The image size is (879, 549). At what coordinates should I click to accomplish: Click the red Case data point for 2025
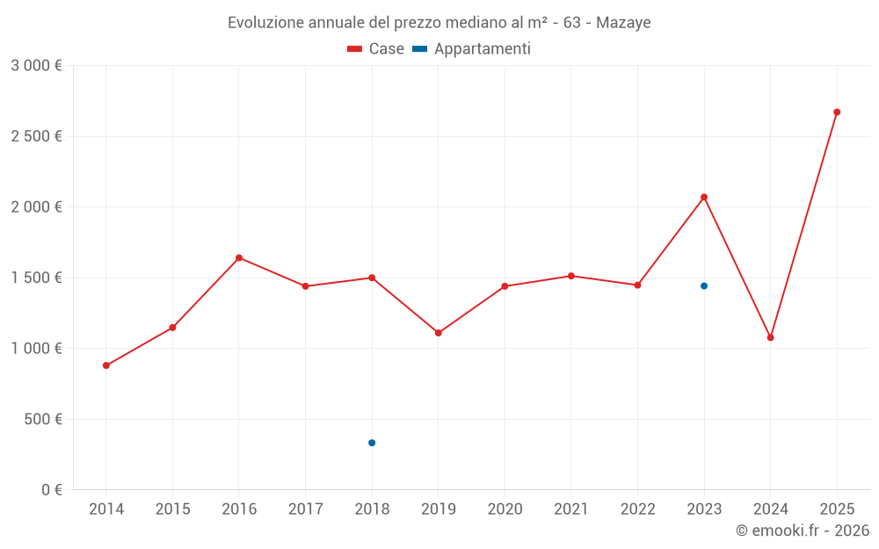[x=837, y=112]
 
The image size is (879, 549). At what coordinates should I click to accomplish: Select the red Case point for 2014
[x=106, y=365]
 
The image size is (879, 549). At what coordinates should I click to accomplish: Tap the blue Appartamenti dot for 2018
[x=372, y=443]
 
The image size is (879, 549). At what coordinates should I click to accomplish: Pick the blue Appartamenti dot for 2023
[x=704, y=286]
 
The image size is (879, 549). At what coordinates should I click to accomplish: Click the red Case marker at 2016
[x=239, y=258]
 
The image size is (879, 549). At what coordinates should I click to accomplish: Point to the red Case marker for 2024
[x=771, y=337]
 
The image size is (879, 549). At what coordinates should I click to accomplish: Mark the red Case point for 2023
[x=704, y=197]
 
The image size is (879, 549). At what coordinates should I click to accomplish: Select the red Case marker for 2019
[x=439, y=333]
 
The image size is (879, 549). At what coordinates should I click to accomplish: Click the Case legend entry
[x=376, y=49]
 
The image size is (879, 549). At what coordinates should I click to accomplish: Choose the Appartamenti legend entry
[x=472, y=49]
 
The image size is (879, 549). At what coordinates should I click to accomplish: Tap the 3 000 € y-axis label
[x=36, y=66]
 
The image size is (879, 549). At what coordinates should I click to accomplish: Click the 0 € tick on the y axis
[x=49, y=490]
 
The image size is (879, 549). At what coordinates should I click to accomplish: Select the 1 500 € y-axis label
[x=36, y=278]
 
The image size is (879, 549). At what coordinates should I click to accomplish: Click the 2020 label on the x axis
[x=505, y=509]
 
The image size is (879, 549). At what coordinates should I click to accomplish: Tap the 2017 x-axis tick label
[x=305, y=509]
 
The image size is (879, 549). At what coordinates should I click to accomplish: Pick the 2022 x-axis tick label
[x=637, y=509]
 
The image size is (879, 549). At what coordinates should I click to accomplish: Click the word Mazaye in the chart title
[x=623, y=23]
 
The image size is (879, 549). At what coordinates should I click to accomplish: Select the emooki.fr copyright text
[x=802, y=531]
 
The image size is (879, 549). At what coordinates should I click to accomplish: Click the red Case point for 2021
[x=571, y=276]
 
